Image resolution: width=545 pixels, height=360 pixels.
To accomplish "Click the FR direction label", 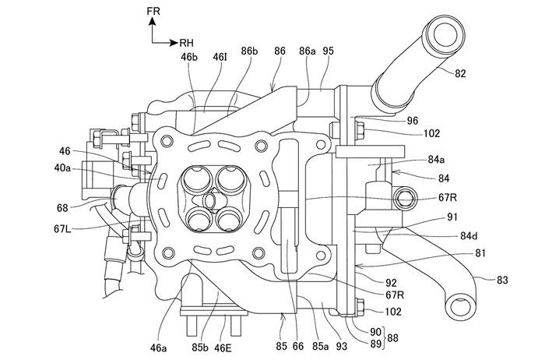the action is point(153,11).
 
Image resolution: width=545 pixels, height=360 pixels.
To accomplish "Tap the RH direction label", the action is point(186,43).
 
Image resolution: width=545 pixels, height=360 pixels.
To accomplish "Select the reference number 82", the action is point(459,73).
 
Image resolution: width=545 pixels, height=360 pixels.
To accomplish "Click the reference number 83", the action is point(502,280).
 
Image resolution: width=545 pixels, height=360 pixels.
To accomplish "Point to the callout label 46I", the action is point(220,57).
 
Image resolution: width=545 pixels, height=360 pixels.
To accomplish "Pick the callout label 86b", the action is point(250,51).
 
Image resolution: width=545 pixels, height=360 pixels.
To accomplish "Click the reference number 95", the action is point(328,51).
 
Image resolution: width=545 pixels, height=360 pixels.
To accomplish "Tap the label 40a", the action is point(62,168).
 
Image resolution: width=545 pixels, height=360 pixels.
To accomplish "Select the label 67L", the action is point(63,228).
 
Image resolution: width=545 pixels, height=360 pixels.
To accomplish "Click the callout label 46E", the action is point(223,348).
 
